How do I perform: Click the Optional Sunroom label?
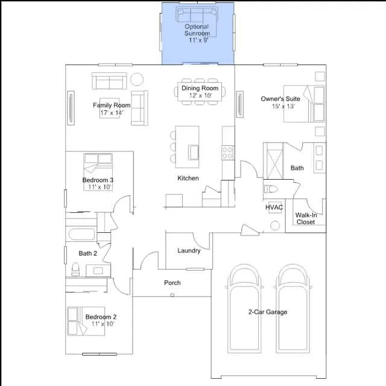click(197, 30)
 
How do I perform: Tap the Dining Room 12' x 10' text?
click(200, 92)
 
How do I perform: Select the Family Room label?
click(112, 106)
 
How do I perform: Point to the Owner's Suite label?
click(280, 99)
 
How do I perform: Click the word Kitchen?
click(188, 178)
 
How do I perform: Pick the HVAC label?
click(274, 207)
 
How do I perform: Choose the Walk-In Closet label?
click(306, 218)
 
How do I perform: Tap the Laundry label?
click(189, 251)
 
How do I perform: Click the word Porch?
click(172, 283)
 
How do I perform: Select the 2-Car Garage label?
click(268, 312)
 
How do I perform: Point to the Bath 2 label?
click(87, 253)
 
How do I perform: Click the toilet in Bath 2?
click(75, 270)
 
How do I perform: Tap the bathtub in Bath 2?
click(82, 234)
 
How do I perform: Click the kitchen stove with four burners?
click(228, 153)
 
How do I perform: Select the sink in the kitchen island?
click(194, 153)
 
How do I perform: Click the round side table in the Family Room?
click(137, 79)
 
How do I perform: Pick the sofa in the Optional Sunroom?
click(197, 15)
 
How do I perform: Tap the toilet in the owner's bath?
click(271, 189)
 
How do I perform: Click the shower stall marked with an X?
click(274, 161)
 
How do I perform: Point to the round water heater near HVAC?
click(275, 226)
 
